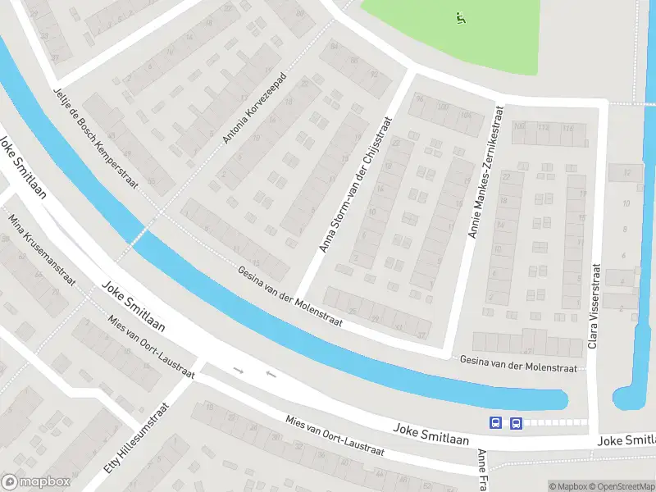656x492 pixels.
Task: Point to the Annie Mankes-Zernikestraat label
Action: pos(485,171)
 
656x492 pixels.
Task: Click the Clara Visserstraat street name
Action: pos(594,305)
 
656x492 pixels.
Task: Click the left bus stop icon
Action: pos(496,423)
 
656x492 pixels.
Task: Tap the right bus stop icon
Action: pos(516,423)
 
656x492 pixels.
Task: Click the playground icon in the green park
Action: pos(460,16)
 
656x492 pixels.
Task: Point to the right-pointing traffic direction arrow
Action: pos(239,371)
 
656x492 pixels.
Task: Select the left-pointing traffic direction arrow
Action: pos(271,376)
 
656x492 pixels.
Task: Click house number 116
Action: pos(567,128)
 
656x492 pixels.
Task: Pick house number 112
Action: pos(544,127)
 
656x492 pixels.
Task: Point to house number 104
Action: pos(467,116)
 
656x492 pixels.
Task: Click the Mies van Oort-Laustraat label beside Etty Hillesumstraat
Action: pos(152,347)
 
